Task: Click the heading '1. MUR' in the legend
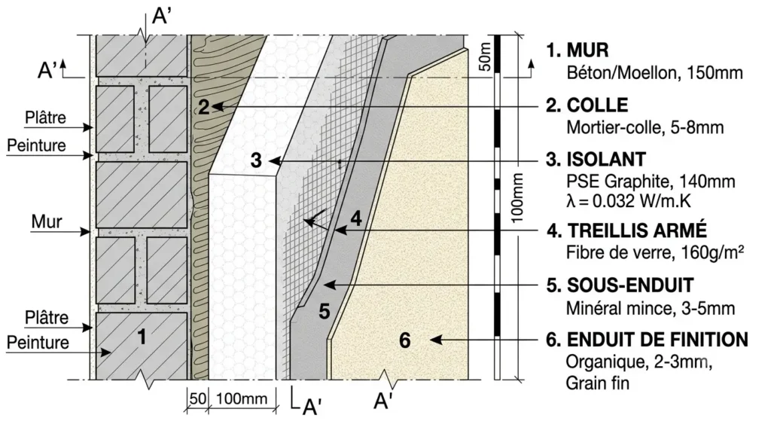pos(577,50)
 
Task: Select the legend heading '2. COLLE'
pos(587,105)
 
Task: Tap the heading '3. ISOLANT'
pos(596,160)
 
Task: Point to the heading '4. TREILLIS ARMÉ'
pos(626,230)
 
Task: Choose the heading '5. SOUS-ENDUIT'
pos(620,285)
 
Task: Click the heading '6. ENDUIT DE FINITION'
pos(647,340)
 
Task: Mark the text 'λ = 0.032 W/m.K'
pos(629,201)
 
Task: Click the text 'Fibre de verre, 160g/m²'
pos(654,253)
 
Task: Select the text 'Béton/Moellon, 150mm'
pos(654,73)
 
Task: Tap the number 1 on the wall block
pos(142,337)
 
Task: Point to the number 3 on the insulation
pos(256,161)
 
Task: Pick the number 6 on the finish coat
pos(404,340)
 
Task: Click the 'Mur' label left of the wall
pos(47,222)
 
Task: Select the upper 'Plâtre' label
pos(46,117)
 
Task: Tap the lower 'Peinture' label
pos(38,343)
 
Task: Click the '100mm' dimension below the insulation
pos(242,399)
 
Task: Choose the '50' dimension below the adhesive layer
pos(198,398)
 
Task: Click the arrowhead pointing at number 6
pos(434,340)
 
